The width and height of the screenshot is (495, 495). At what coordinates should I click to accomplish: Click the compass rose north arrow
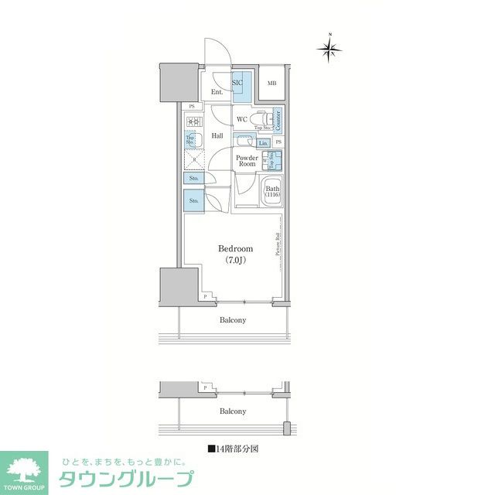329,49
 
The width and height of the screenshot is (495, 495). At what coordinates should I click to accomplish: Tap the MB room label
271,84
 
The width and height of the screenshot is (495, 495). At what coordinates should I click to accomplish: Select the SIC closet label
238,82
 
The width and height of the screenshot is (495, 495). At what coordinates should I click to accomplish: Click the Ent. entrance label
217,93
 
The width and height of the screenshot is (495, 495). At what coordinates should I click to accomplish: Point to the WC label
241,119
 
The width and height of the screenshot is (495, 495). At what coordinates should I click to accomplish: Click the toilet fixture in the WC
263,119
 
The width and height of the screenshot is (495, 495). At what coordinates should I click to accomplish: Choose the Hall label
218,137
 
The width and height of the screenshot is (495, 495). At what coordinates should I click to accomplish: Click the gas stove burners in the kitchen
192,121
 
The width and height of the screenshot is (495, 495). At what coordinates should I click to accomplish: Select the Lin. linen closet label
263,143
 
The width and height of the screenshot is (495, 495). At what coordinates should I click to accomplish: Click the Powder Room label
247,161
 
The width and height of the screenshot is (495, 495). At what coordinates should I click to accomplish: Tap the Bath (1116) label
272,191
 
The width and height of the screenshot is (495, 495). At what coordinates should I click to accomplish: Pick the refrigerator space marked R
193,159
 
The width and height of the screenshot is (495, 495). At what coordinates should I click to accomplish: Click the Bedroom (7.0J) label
235,254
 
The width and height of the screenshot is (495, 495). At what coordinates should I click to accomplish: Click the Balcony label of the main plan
232,319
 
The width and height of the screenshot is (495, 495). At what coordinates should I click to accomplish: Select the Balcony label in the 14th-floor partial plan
232,411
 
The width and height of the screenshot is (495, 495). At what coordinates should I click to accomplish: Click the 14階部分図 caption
233,448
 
